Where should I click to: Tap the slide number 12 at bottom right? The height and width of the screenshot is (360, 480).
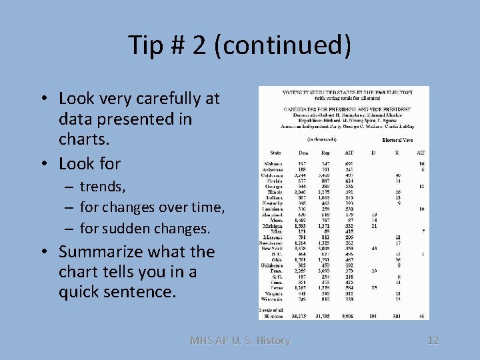click(x=433, y=340)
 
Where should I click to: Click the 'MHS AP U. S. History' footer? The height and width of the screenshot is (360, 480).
click(x=240, y=340)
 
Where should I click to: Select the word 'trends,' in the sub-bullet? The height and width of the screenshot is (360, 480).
click(x=103, y=186)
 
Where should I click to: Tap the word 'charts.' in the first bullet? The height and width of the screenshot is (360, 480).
click(x=84, y=140)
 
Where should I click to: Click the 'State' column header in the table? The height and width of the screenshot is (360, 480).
click(x=273, y=153)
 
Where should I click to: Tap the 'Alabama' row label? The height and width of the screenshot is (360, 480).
click(x=273, y=163)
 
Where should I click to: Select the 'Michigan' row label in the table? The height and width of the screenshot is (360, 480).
click(x=273, y=226)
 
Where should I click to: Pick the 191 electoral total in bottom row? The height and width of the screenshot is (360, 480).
click(x=373, y=317)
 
